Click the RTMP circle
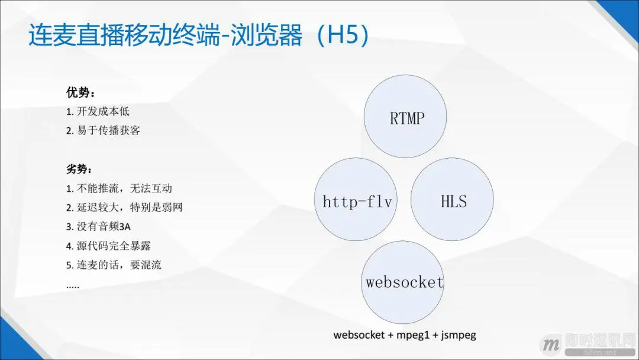406,117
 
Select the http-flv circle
357,201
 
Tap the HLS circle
453,201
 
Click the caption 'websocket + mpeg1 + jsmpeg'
405,335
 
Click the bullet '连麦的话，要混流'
119,265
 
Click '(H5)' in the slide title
343,35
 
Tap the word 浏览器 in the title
272,35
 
